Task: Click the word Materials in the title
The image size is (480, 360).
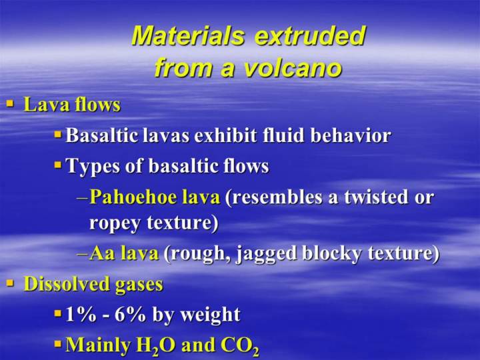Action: click(x=188, y=35)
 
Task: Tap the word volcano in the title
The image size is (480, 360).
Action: click(x=293, y=67)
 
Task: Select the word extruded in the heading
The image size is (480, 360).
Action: click(x=310, y=35)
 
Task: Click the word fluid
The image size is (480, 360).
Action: click(x=284, y=135)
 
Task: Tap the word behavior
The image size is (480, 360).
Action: click(x=351, y=135)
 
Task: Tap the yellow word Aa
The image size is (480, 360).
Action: click(x=102, y=254)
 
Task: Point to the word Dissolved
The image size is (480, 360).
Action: click(x=67, y=283)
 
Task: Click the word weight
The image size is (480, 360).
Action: click(x=210, y=315)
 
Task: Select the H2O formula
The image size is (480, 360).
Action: click(x=156, y=346)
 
